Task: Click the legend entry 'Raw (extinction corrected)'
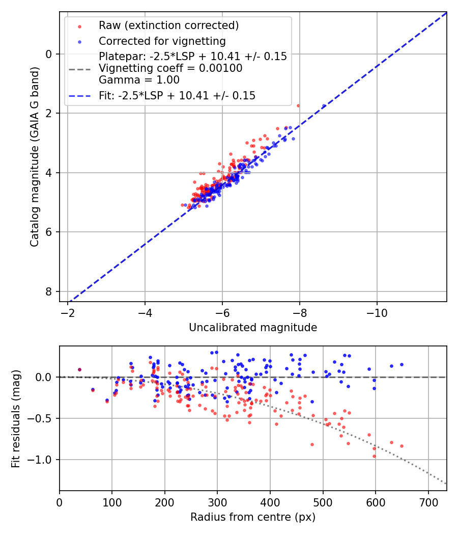[x=168, y=25]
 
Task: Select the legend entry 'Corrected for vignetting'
[x=162, y=41]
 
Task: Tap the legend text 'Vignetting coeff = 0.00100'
[x=170, y=68]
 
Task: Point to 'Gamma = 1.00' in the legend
[x=139, y=79]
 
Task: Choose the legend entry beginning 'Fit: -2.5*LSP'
[x=177, y=95]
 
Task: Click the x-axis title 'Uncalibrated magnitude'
[x=253, y=328]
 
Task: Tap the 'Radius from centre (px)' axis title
[x=253, y=517]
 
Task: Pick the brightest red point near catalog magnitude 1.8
[x=298, y=105]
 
